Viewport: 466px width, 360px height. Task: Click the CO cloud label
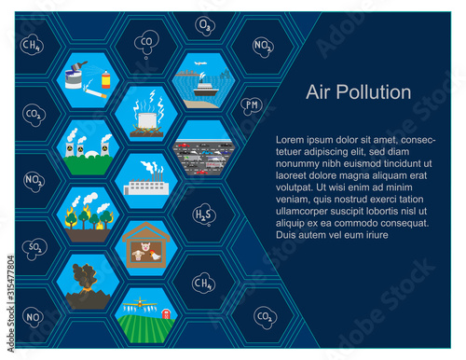[146, 41]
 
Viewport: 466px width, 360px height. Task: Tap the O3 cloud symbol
[205, 25]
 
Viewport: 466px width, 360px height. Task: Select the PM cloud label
[252, 106]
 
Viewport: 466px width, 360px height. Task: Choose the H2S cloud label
[203, 215]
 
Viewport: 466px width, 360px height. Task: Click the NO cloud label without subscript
[32, 317]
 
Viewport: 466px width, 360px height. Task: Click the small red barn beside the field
[167, 313]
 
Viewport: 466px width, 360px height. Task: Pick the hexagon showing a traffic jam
[203, 150]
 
